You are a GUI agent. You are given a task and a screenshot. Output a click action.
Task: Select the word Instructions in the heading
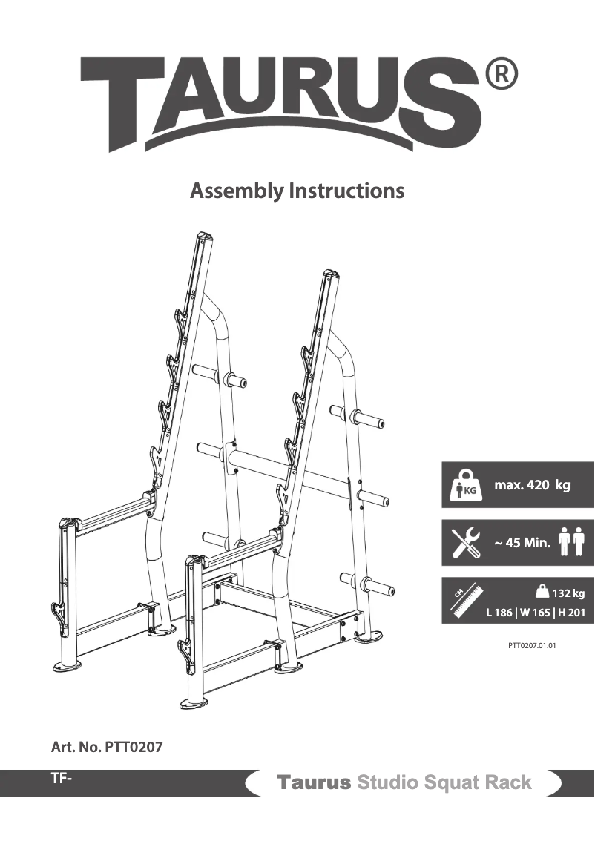tap(346, 191)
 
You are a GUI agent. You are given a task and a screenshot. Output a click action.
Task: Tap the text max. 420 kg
tap(532, 486)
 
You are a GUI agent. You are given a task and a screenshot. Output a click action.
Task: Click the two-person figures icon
tap(571, 541)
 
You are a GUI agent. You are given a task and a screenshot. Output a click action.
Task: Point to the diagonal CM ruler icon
tap(464, 601)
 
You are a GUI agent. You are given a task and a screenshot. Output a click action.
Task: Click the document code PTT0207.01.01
tap(532, 645)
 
